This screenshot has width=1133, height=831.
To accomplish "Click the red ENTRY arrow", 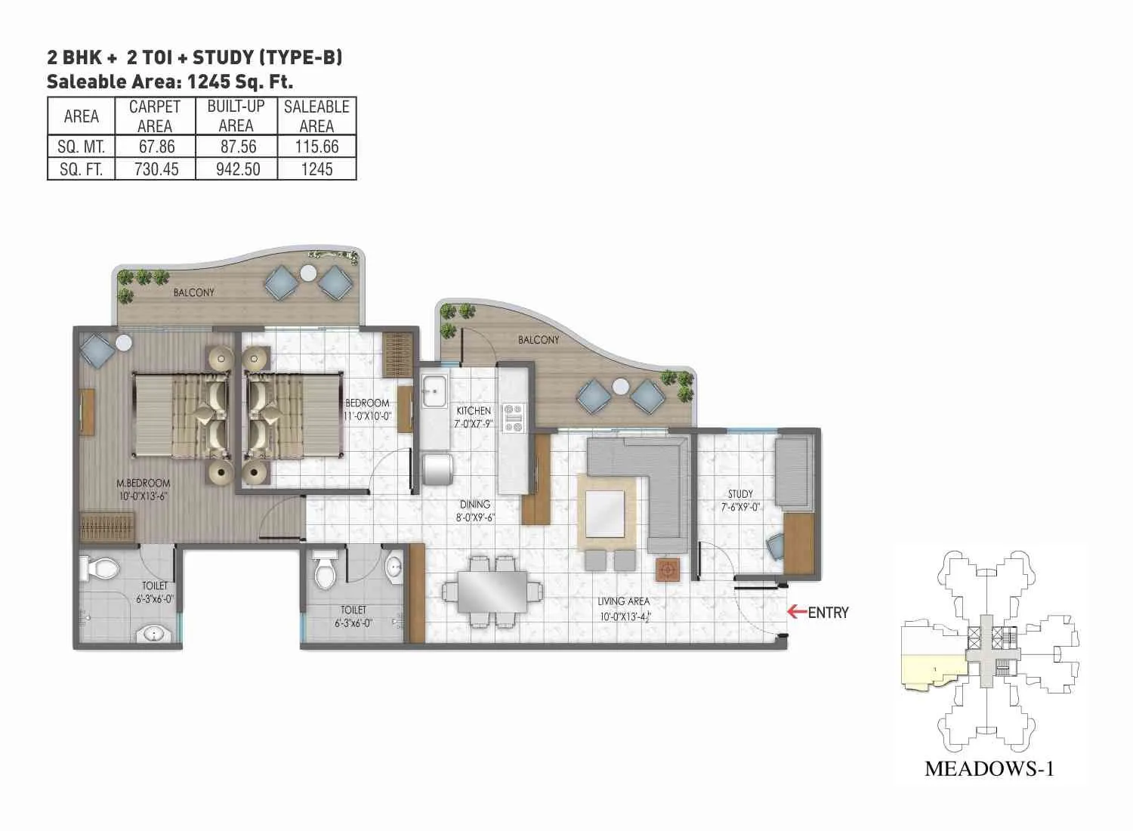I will (x=796, y=612).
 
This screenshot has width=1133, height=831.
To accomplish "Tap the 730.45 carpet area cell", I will (x=156, y=168).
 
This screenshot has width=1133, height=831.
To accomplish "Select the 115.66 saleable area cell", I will (x=316, y=147).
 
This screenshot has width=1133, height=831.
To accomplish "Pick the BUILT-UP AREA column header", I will (x=236, y=116).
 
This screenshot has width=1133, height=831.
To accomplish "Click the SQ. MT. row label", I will (x=81, y=147).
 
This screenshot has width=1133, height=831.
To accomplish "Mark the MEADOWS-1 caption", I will (x=989, y=769).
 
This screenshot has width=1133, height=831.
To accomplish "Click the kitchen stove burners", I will (x=514, y=418).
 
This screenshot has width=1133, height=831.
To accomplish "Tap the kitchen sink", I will (x=434, y=391).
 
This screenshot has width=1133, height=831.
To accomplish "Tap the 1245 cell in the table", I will (x=316, y=168).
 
